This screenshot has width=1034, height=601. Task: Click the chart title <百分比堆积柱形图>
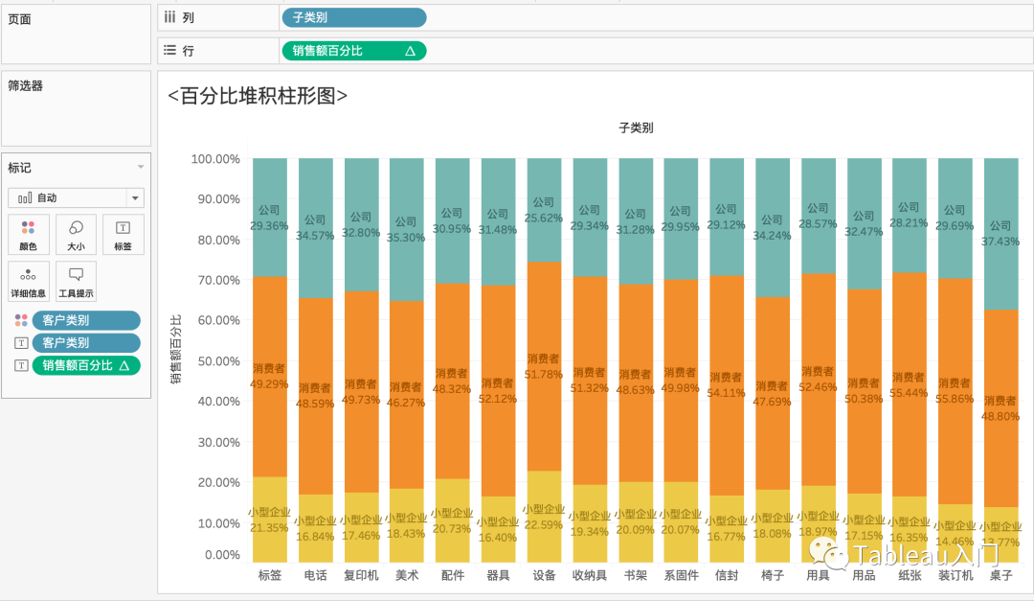coord(257,96)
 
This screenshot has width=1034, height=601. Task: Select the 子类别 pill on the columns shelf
coord(353,17)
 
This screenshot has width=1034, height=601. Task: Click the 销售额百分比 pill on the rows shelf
coord(353,51)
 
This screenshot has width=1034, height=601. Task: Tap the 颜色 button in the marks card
coord(28,234)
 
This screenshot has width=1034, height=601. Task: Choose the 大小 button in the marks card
coord(76,234)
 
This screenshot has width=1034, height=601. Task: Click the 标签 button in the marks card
coord(124,234)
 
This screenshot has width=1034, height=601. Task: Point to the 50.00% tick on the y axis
coord(215,361)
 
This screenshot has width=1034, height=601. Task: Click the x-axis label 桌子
coord(1001,575)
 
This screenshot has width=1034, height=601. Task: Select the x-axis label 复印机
coord(361,575)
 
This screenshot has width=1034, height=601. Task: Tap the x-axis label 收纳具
coord(589,575)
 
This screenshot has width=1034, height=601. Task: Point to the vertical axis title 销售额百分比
coord(176,349)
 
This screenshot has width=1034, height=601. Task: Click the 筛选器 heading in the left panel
coord(26,85)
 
